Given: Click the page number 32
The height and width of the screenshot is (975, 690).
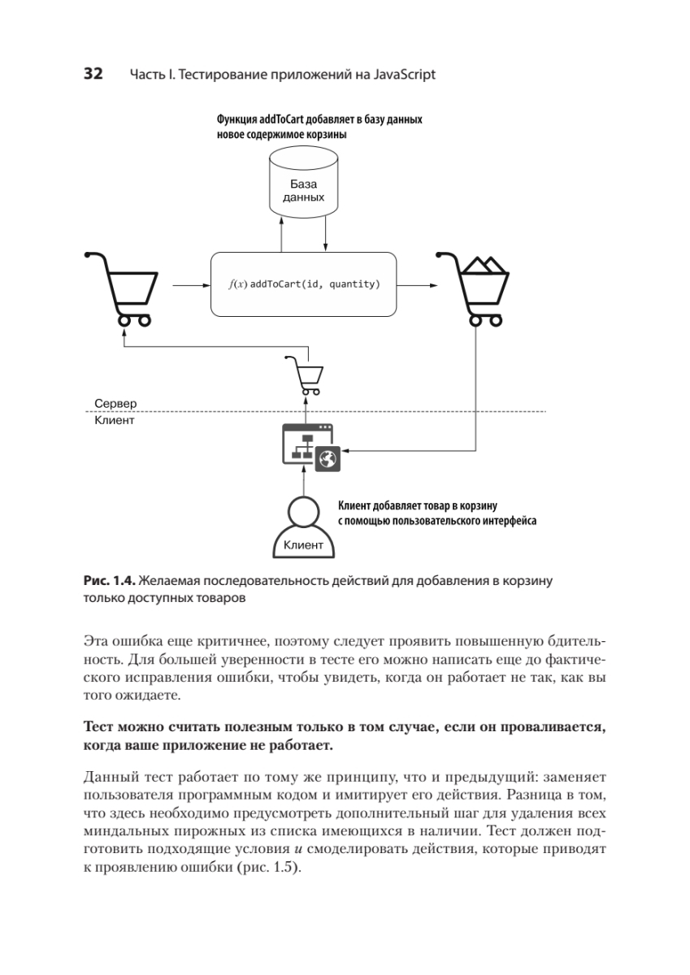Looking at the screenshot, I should coord(92,75).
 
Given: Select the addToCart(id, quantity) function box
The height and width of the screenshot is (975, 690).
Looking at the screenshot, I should coord(304,284).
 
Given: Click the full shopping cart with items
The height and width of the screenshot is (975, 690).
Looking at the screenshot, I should coord(473,288).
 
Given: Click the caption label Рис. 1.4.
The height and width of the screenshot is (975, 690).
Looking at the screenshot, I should coord(109,581).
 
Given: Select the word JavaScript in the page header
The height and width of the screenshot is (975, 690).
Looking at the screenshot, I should coord(405,76).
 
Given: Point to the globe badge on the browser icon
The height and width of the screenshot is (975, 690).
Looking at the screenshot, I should coord(328,459).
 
